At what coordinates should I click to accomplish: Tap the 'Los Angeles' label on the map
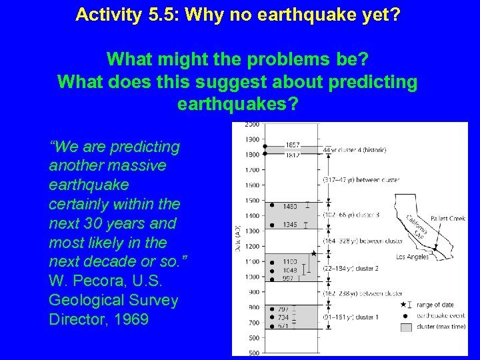click(x=413, y=257)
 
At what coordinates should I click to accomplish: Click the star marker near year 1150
click(x=314, y=253)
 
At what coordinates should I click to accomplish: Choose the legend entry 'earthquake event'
click(x=435, y=315)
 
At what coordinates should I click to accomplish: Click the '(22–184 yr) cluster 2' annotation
click(x=351, y=268)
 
